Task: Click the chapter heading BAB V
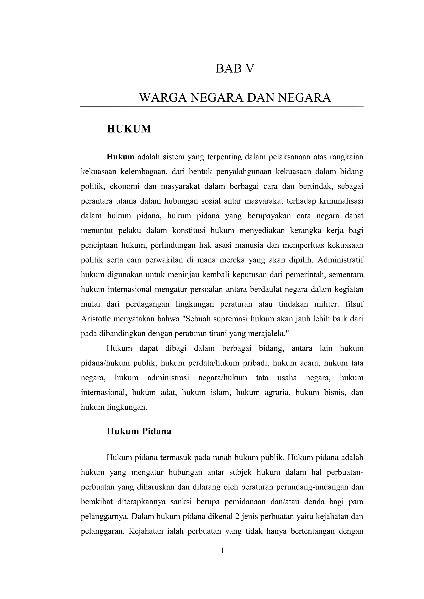235,69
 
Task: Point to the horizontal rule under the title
222,107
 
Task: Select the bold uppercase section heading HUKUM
129,129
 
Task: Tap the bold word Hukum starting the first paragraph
120,157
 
